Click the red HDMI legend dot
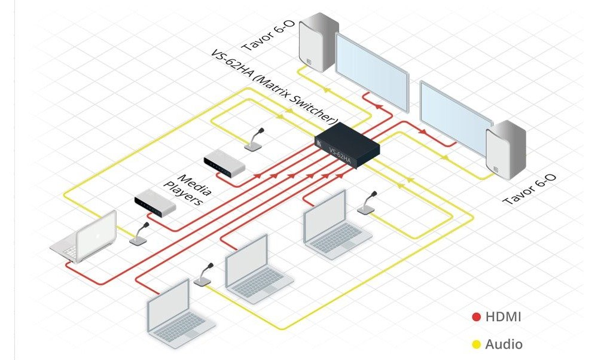pyautogui.click(x=477, y=317)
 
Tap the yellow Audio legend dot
pyautogui.click(x=477, y=344)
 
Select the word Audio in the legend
pyautogui.click(x=504, y=344)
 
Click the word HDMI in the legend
pyautogui.click(x=503, y=316)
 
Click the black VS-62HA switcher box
pyautogui.click(x=347, y=145)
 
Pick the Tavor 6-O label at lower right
pyautogui.click(x=529, y=189)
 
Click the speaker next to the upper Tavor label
pyautogui.click(x=319, y=42)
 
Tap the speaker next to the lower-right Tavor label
pyautogui.click(x=506, y=150)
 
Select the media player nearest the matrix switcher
pyautogui.click(x=224, y=163)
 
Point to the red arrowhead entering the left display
pyautogui.click(x=377, y=106)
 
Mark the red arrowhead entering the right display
pyautogui.click(x=423, y=132)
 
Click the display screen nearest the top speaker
pyautogui.click(x=372, y=72)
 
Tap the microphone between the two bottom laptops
pyautogui.click(x=203, y=274)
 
